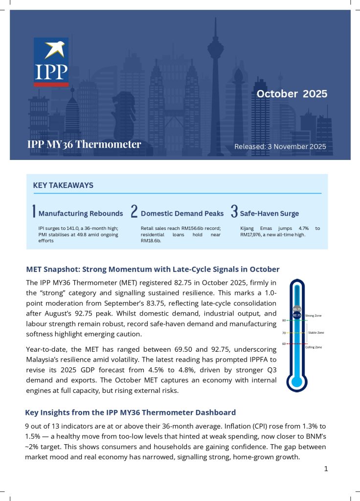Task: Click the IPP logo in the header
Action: pos(51,62)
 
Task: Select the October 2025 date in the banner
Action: pos(292,94)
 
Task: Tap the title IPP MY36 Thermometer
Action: pos(84,144)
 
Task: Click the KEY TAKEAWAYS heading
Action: pos(63,185)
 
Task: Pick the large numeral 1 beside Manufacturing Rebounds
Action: pos(34,212)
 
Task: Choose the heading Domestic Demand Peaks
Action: pos(182,213)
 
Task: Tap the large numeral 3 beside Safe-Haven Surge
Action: pos(234,212)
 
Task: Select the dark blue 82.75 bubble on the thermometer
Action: pos(297,316)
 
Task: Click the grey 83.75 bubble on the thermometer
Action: pos(297,309)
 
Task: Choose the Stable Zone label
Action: pos(315,333)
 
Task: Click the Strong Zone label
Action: pos(313,316)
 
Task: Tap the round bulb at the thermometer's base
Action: pos(297,381)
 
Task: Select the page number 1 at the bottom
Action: pos(326,469)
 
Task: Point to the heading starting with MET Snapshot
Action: pos(152,269)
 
